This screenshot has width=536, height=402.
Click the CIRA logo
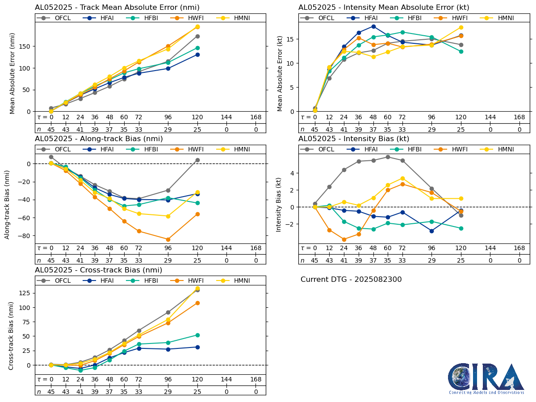click(486, 378)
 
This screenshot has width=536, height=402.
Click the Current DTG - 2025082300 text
click(351, 280)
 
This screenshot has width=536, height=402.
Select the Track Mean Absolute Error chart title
click(117, 7)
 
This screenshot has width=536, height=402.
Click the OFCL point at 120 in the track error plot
click(197, 36)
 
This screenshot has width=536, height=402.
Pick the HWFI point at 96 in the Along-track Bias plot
click(168, 239)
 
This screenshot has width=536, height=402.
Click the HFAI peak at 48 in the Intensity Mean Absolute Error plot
click(373, 26)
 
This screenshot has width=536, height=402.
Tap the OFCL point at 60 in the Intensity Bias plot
click(388, 157)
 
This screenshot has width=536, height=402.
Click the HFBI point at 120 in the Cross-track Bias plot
click(197, 335)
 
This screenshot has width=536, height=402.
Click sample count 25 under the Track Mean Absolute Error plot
click(197, 130)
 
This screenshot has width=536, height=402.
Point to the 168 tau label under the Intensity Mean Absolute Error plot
click(519, 117)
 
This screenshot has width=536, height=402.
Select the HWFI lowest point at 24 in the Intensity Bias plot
click(344, 239)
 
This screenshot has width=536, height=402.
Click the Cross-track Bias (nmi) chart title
click(98, 270)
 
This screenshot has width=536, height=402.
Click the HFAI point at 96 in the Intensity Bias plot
click(431, 231)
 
